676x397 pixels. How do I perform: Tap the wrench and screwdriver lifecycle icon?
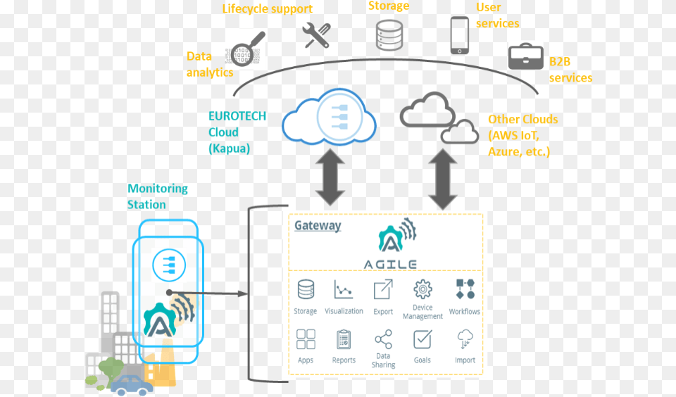316,35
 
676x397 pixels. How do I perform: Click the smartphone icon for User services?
460,35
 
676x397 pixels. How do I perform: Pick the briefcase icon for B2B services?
526,56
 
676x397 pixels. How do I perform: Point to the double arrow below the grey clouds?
443,179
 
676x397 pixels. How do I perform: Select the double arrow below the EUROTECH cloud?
330,179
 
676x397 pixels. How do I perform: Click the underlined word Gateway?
317,226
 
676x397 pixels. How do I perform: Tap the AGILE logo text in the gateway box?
390,264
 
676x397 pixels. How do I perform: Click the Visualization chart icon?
344,289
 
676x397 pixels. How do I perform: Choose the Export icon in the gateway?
383,289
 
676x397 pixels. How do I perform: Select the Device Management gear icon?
423,289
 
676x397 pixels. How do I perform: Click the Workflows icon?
465,289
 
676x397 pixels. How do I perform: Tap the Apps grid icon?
306,339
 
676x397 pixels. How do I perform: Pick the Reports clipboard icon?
344,339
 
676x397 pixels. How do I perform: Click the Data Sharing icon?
383,340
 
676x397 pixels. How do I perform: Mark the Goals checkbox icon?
423,339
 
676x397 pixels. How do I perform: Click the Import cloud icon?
465,339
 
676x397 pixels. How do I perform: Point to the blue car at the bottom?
131,384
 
